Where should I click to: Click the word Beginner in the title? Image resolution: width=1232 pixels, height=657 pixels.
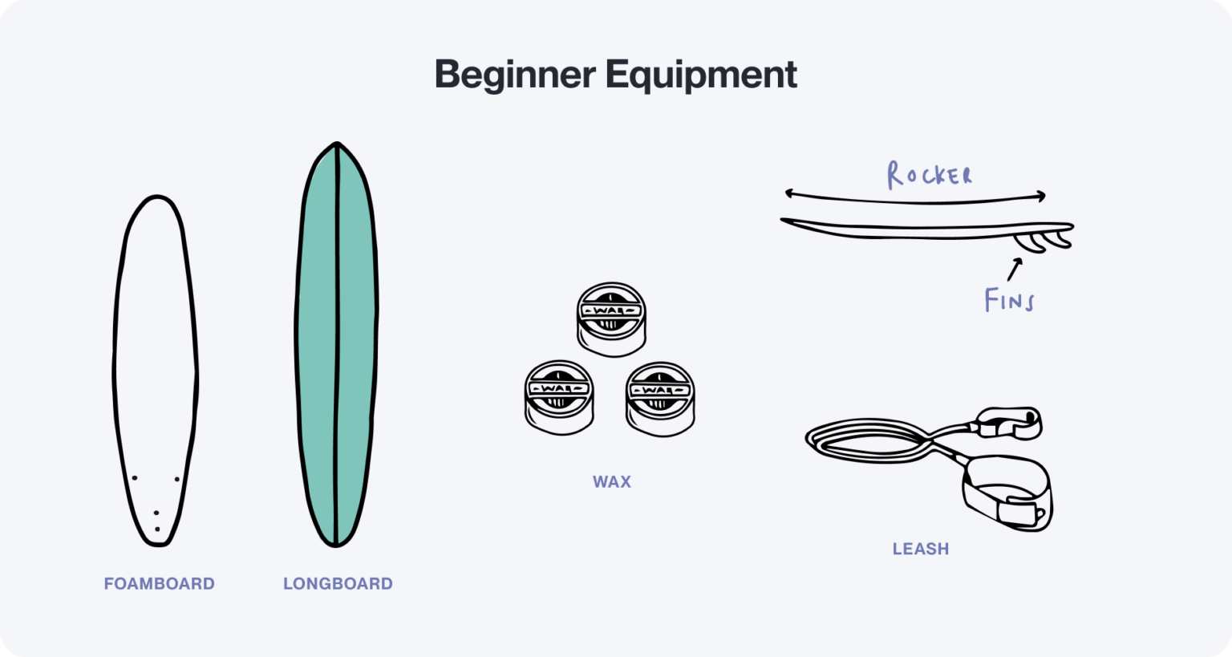click(514, 75)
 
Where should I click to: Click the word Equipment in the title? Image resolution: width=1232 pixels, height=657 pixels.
click(701, 75)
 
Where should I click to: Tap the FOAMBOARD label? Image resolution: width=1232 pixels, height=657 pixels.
click(159, 584)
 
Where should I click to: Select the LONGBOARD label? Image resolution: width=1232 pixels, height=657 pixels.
click(338, 584)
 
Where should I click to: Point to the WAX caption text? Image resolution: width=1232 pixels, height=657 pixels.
click(612, 482)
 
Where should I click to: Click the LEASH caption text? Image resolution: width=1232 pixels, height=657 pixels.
click(921, 550)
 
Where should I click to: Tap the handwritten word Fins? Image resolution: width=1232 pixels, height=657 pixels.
click(1009, 301)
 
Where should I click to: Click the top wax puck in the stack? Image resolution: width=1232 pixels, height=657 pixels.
click(611, 319)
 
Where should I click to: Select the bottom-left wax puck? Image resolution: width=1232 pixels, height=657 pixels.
click(559, 398)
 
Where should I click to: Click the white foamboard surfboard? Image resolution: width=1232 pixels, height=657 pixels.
click(156, 361)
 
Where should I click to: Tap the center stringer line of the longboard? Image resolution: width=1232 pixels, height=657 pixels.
click(337, 345)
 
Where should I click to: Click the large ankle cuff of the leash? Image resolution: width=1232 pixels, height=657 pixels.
click(1007, 493)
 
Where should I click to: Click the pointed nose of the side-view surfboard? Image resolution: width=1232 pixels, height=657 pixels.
click(786, 221)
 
